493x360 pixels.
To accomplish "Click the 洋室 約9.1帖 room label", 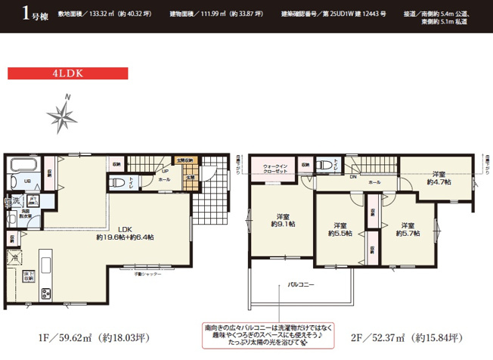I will pyautogui.click(x=278, y=218).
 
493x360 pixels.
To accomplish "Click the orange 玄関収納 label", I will pyautogui.click(x=185, y=161).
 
